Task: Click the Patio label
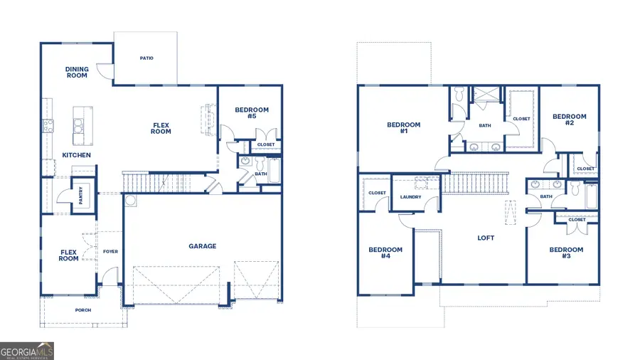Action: (x=146, y=58)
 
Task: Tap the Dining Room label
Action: (x=77, y=73)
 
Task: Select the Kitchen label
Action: (x=76, y=155)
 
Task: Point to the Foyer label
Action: (x=110, y=251)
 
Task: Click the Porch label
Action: (x=83, y=310)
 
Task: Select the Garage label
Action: (x=202, y=246)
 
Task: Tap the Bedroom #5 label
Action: (x=252, y=113)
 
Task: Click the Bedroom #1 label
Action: (x=403, y=128)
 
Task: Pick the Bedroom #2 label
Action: (x=569, y=120)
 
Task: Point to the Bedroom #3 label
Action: (x=566, y=253)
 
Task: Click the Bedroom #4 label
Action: (x=385, y=253)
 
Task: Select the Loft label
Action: (x=486, y=238)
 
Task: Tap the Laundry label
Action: (x=411, y=197)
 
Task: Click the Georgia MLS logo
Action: (x=27, y=351)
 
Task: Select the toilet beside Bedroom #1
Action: (x=459, y=93)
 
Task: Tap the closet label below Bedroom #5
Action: (x=266, y=144)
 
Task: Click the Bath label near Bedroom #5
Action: (x=260, y=174)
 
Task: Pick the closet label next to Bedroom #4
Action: (x=377, y=193)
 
